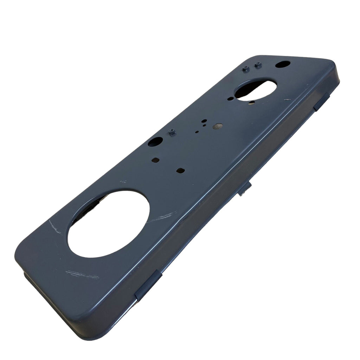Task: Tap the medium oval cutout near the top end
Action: coord(255,90)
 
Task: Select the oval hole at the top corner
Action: coord(283,64)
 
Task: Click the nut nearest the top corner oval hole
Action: coord(258,65)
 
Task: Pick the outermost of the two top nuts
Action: coord(246,69)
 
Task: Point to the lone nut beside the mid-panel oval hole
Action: coord(172,133)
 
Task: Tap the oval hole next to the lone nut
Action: coord(155,142)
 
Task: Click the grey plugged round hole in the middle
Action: coord(218,126)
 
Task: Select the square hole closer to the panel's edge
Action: coord(155,160)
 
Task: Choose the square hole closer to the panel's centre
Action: coord(180,171)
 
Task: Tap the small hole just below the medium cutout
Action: coord(252,103)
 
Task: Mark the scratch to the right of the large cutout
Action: coord(161,217)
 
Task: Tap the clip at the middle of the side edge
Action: coord(245,189)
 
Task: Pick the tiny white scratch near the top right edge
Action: coord(287,100)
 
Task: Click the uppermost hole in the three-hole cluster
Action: coord(204,120)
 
